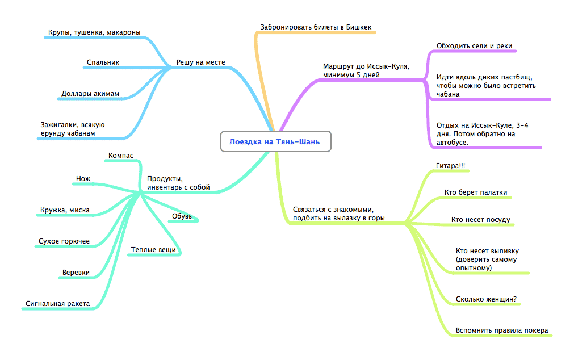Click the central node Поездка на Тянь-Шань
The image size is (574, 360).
point(275,142)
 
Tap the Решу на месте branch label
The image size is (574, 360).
point(200,62)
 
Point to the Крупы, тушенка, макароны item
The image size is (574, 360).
point(94,32)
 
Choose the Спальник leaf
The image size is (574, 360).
point(103,62)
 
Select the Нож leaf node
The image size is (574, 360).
point(83,179)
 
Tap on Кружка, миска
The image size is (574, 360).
point(65,210)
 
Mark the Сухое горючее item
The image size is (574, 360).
point(64,241)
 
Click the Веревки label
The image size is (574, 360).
point(76,273)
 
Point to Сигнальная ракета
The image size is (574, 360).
point(57,304)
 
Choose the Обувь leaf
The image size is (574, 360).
point(182,216)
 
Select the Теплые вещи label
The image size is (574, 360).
point(153,249)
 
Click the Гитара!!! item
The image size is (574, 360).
point(446,165)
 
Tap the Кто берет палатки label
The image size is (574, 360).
point(476,192)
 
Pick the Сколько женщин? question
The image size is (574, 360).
point(486,299)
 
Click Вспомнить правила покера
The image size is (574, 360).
point(502,330)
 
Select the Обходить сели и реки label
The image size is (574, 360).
point(470,46)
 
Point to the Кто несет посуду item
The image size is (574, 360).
point(480,219)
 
